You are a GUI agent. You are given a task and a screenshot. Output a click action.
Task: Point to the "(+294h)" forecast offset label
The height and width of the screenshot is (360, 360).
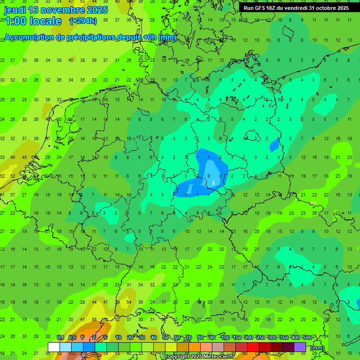coord(83,21)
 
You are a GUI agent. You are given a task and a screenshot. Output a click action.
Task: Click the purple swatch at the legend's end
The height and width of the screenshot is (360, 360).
coord(300,347)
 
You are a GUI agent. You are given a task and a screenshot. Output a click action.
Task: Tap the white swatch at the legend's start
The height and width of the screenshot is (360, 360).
coord(54,347)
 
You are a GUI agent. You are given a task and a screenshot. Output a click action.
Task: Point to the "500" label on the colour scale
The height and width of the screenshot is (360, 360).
coord(307,338)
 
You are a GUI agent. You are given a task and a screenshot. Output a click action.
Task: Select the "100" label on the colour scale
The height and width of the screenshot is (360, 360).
coord(225,338)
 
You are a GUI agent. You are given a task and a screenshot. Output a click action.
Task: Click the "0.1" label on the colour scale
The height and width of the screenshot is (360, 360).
coord(60,338)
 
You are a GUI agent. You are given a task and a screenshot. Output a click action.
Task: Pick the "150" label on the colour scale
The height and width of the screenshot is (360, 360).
coord(237,338)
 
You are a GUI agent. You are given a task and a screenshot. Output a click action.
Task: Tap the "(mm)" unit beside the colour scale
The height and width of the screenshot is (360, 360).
coord(317,348)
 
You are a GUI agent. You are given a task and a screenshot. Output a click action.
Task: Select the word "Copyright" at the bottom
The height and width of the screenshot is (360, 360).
coord(178,357)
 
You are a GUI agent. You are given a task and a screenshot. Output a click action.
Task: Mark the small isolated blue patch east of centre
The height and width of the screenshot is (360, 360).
coord(274,146)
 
